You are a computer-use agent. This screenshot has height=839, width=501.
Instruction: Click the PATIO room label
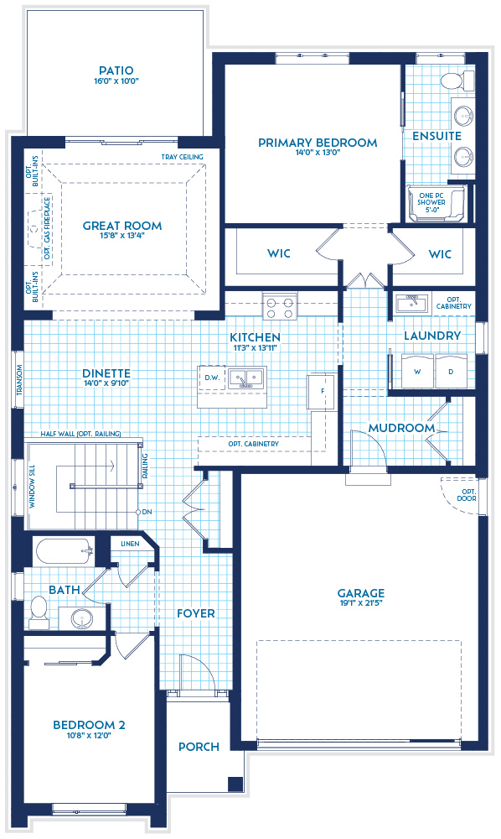[x=116, y=70]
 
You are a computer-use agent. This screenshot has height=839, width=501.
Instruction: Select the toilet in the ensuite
[x=452, y=81]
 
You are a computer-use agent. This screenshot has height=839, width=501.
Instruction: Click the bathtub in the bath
[x=62, y=553]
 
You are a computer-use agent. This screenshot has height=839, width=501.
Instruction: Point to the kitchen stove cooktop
[x=279, y=307]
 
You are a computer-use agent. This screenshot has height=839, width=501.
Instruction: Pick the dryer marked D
[x=450, y=371]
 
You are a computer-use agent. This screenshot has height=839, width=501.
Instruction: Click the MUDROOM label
[x=402, y=428]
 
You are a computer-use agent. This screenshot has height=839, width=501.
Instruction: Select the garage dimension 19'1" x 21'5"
[x=361, y=604]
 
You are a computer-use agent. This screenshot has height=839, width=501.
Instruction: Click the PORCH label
[x=199, y=746]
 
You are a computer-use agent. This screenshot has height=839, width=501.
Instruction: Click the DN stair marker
[x=147, y=512]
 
